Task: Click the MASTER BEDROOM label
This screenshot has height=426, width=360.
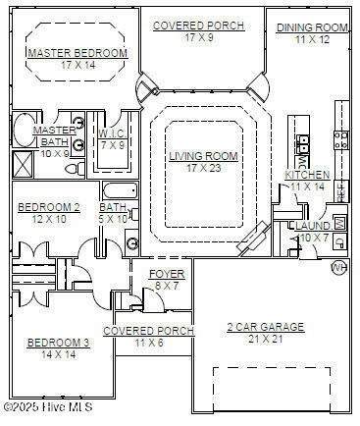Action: click(x=77, y=53)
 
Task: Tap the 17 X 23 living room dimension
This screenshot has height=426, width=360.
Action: click(x=204, y=168)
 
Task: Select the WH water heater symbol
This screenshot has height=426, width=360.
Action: click(x=339, y=267)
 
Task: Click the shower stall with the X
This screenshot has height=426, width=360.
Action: click(x=23, y=164)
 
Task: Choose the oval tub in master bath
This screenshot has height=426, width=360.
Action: click(x=25, y=130)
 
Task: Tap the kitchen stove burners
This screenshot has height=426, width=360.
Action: click(x=341, y=139)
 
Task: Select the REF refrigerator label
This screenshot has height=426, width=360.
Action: click(x=341, y=192)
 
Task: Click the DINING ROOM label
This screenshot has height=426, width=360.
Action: click(x=312, y=27)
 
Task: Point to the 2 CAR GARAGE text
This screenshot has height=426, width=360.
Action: click(x=266, y=327)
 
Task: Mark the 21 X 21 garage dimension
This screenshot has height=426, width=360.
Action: click(x=266, y=339)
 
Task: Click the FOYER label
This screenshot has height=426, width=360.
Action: click(x=167, y=274)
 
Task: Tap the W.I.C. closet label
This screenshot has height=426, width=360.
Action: click(x=112, y=133)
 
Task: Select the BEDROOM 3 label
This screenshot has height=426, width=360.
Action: click(x=58, y=343)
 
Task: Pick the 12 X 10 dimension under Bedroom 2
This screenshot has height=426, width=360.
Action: click(x=49, y=219)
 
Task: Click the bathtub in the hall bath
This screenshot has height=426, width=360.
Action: click(x=120, y=191)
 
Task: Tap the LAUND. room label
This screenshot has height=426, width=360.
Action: click(x=314, y=226)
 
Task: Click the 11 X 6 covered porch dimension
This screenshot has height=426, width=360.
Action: click(x=149, y=343)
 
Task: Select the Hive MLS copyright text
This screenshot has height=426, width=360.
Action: click(x=48, y=406)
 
